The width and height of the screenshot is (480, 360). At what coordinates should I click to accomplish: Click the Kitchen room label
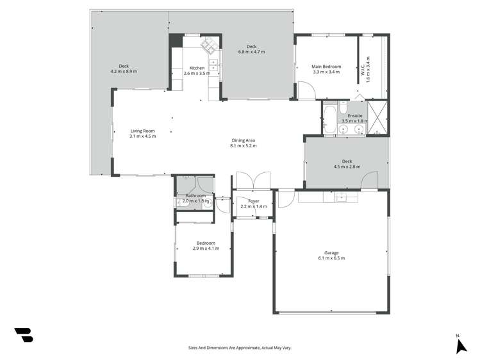[x=197, y=68]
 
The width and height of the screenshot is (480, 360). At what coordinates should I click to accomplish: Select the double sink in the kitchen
[x=213, y=64]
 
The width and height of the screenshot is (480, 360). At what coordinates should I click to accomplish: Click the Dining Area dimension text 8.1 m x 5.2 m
[x=244, y=146]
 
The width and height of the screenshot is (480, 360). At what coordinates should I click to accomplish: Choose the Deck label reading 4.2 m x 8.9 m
[x=123, y=69]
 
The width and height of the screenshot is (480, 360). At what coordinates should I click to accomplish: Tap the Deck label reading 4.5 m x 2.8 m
[x=347, y=164]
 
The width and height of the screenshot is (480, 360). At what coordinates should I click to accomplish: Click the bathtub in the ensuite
[x=330, y=118]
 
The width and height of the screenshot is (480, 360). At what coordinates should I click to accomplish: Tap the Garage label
[x=331, y=255]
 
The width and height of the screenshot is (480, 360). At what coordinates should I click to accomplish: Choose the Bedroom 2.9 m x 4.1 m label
[x=206, y=245]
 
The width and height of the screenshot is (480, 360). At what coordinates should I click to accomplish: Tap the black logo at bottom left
[x=24, y=334]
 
